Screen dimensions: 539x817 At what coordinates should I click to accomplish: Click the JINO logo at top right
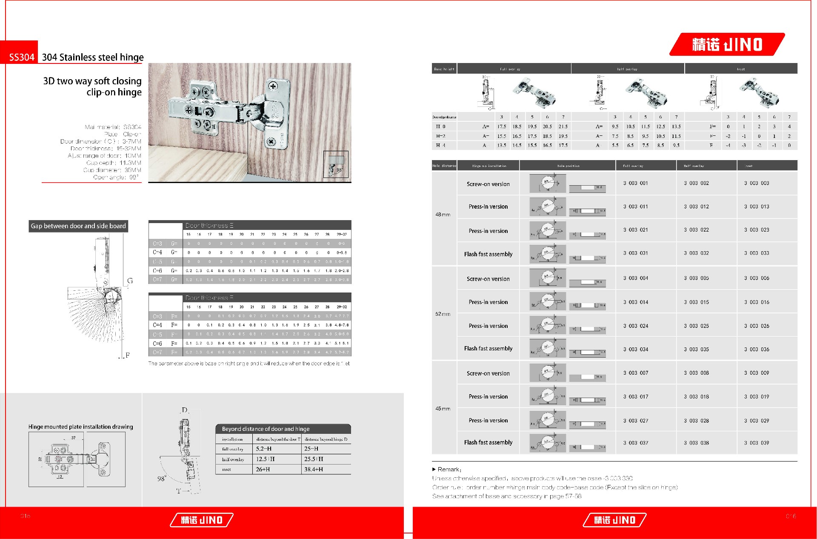click(x=727, y=45)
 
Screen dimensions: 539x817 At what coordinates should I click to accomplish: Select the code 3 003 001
click(x=635, y=183)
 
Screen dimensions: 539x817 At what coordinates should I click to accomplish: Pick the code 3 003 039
click(x=756, y=443)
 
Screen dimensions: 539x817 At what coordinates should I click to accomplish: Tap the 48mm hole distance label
click(x=443, y=215)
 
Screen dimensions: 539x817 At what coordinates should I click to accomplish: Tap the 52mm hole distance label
click(x=443, y=314)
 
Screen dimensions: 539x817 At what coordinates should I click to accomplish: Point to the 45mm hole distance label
click(x=443, y=409)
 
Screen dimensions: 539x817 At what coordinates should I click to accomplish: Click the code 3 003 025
click(x=696, y=326)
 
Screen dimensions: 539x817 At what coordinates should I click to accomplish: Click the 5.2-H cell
click(x=263, y=449)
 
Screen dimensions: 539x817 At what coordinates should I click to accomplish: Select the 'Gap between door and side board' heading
click(x=78, y=226)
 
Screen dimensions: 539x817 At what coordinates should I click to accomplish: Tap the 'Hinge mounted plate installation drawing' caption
click(x=80, y=427)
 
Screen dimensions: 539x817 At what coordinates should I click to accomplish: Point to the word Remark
click(x=448, y=469)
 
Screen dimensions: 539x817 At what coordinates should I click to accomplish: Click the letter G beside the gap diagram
click(x=130, y=281)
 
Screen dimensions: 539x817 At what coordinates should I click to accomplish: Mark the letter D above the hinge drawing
click(x=184, y=410)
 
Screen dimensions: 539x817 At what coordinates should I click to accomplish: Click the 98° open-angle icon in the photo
click(x=335, y=164)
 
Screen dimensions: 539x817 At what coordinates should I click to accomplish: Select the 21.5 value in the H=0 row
click(x=563, y=126)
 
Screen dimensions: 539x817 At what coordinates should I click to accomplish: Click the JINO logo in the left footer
click(x=202, y=520)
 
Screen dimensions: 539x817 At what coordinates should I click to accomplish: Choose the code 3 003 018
click(x=696, y=396)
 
